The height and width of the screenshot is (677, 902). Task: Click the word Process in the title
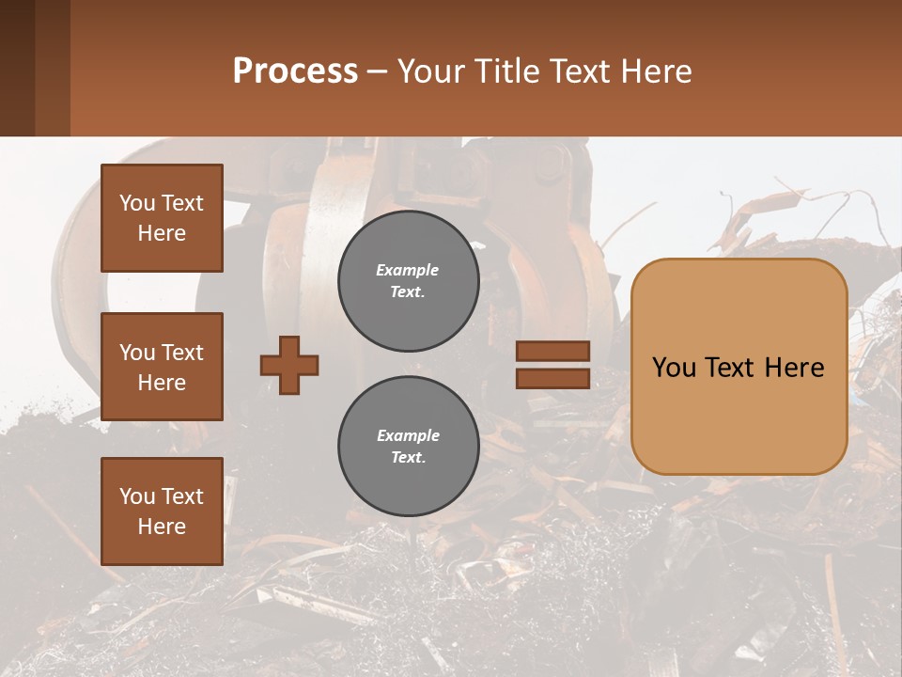(295, 71)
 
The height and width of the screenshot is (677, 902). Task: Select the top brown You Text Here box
(162, 218)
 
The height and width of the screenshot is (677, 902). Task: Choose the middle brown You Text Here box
(162, 367)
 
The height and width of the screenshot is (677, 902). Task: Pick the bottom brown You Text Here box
(162, 512)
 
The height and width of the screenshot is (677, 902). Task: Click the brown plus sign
(289, 365)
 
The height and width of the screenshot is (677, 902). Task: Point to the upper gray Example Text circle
(408, 280)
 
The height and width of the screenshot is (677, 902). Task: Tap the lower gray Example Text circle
(408, 446)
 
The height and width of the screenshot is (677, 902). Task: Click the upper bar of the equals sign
(552, 352)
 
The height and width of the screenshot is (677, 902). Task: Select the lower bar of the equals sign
(552, 378)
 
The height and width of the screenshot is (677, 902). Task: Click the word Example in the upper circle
(408, 270)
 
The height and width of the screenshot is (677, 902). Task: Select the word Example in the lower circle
(408, 435)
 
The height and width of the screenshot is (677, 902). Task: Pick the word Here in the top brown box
(162, 233)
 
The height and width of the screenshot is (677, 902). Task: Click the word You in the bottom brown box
(137, 496)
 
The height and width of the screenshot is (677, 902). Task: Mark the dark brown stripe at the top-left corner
(17, 68)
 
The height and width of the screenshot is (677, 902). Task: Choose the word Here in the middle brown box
(162, 383)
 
